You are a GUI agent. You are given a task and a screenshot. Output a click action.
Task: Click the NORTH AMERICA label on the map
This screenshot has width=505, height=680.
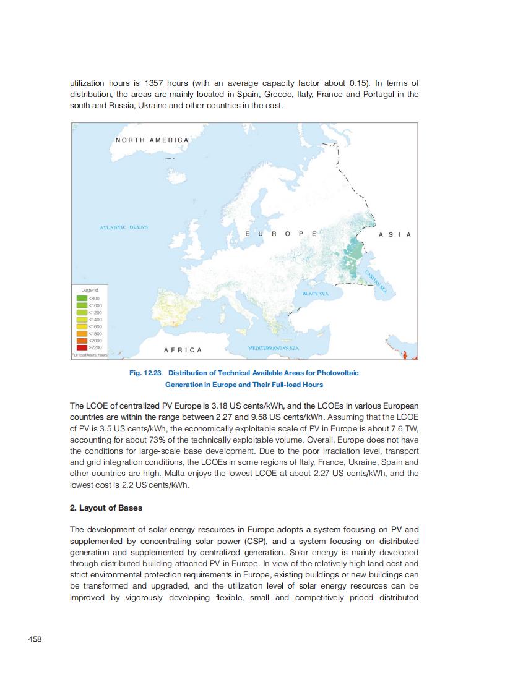coord(152,140)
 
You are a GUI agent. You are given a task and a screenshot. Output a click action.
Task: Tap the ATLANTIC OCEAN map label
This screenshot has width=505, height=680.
coord(124,227)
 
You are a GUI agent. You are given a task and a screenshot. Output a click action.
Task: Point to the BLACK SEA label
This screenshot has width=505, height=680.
coord(315,294)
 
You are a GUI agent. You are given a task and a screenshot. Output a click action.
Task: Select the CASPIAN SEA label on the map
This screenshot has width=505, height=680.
coord(375,283)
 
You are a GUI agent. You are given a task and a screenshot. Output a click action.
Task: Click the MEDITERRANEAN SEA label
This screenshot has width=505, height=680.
coord(273,349)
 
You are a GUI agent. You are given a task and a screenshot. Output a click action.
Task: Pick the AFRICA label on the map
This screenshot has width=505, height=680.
coord(183,350)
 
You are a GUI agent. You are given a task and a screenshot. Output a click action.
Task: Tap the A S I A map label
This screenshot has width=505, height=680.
coord(394,234)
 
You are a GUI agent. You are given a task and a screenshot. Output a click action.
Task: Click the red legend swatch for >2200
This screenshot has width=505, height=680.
coord(81,347)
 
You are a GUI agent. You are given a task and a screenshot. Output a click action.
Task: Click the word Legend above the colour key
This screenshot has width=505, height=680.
coord(90,290)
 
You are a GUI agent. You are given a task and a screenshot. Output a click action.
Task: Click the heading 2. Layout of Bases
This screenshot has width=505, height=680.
coord(106,508)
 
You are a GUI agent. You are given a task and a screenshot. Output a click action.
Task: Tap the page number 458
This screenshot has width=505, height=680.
coord(35,639)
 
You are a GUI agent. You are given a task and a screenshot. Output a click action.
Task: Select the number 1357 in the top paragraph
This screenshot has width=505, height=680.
coord(153,83)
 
